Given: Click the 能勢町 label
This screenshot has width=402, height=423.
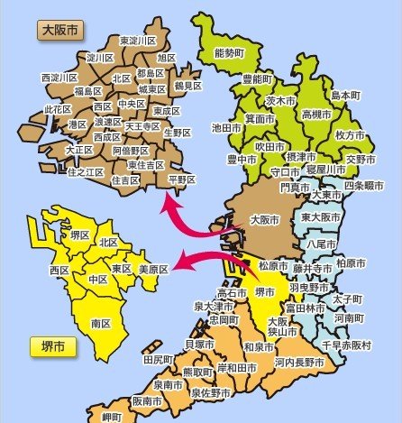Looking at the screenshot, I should click(230, 53).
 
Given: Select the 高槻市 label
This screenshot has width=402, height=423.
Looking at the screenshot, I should click(317, 115).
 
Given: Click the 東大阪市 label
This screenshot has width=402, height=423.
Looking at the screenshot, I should click(321, 217).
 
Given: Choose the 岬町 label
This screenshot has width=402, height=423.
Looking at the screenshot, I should click(114, 416).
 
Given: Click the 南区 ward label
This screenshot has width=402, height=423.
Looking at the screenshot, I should click(101, 323).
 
